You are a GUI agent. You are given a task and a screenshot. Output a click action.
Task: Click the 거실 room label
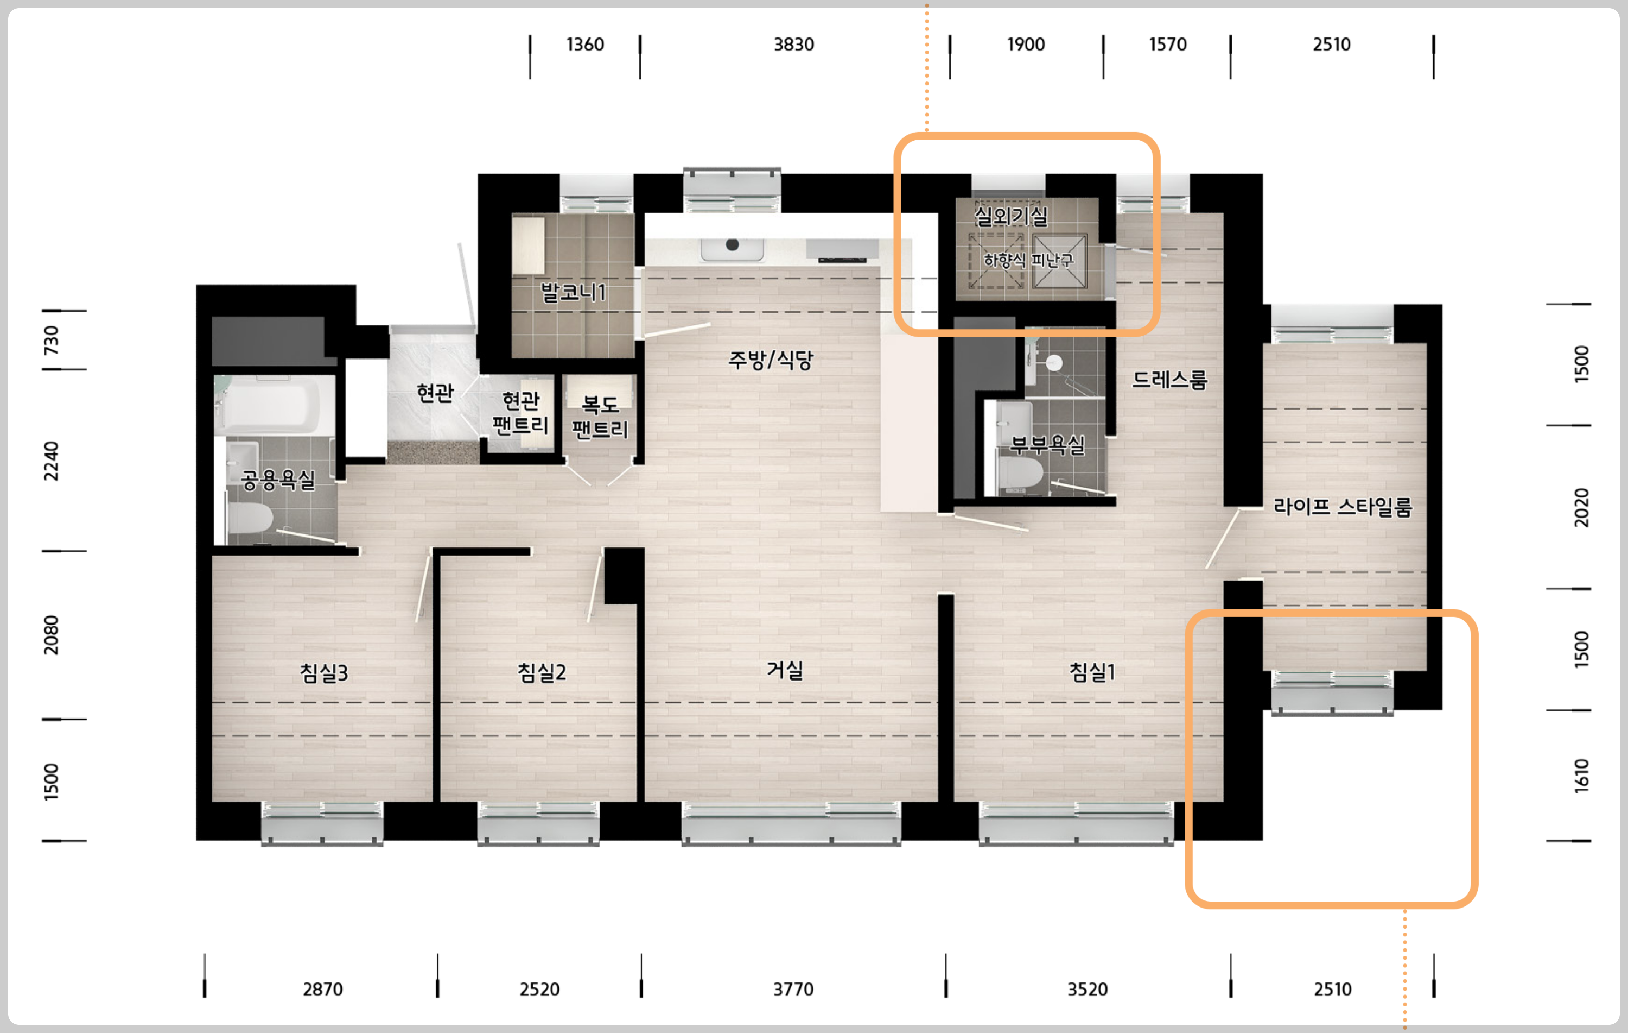785,670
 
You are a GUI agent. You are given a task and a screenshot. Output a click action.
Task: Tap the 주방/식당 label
770,360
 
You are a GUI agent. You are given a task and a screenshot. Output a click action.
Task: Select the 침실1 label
1092,672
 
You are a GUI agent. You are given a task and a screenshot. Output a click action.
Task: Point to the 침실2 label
542,672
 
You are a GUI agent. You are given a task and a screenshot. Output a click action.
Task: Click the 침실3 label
324,672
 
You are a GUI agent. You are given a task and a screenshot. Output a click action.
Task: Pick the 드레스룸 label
1169,380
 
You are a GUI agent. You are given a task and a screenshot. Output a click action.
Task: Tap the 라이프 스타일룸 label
1343,506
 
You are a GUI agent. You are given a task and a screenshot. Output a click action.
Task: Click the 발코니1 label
573,292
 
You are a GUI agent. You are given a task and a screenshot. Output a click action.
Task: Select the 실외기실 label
1012,216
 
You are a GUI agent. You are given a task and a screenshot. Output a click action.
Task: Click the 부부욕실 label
1047,444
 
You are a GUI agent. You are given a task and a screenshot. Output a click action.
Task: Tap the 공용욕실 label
278,480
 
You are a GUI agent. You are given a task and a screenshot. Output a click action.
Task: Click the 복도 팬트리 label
600,417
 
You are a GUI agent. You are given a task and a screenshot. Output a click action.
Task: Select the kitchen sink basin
733,248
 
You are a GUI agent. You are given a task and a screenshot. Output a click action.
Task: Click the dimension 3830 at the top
794,45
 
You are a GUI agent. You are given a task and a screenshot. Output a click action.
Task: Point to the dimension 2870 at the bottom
322,989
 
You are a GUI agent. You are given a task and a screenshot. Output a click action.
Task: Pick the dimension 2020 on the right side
1581,507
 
